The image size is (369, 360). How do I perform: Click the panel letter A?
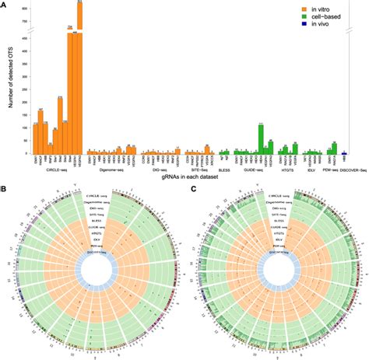pyautogui.click(x=5, y=5)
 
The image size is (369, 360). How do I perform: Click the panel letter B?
pyautogui.click(x=5, y=188)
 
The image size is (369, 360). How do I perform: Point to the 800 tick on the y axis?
pyautogui.click(x=23, y=9)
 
